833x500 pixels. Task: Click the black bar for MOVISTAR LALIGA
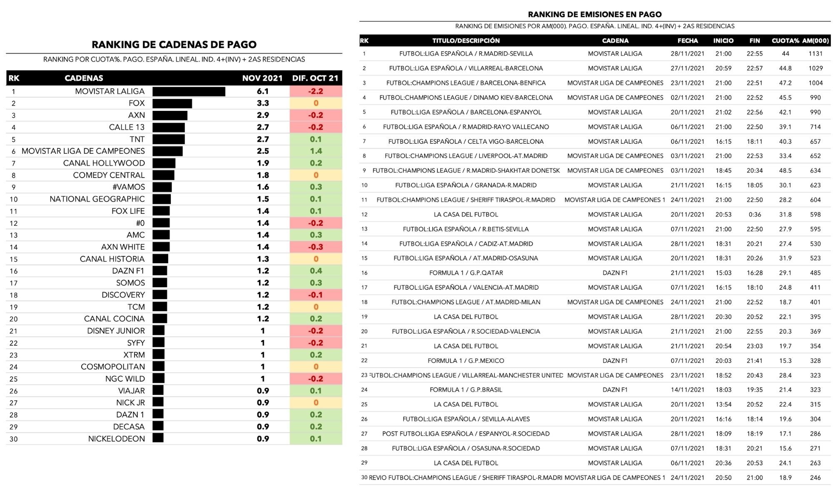[x=189, y=92]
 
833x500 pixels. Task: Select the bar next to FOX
[x=172, y=103]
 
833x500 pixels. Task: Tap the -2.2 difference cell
[x=316, y=92]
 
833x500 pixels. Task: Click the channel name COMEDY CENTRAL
[x=109, y=175]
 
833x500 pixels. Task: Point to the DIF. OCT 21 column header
[x=315, y=78]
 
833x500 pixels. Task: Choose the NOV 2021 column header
[x=262, y=78]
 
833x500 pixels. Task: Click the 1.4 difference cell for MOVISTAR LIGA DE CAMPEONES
[x=316, y=151]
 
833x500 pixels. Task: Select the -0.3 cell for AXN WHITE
[x=316, y=247]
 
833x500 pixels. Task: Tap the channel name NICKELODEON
[x=116, y=439]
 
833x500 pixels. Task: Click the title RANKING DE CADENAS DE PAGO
[x=174, y=45]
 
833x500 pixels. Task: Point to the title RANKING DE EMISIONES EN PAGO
[x=595, y=15]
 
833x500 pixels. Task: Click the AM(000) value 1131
[x=816, y=54]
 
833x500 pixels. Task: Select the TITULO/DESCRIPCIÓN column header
[x=466, y=41]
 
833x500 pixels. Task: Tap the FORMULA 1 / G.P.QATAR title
[x=466, y=273]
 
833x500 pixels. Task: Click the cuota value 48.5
[x=785, y=171]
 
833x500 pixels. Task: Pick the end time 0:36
[x=754, y=215]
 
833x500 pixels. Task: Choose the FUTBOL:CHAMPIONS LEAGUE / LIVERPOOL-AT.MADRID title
[x=466, y=156]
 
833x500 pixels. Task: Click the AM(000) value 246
[x=816, y=478]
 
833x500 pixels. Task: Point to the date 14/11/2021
[x=687, y=390]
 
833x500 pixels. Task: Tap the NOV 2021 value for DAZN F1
[x=263, y=271]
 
